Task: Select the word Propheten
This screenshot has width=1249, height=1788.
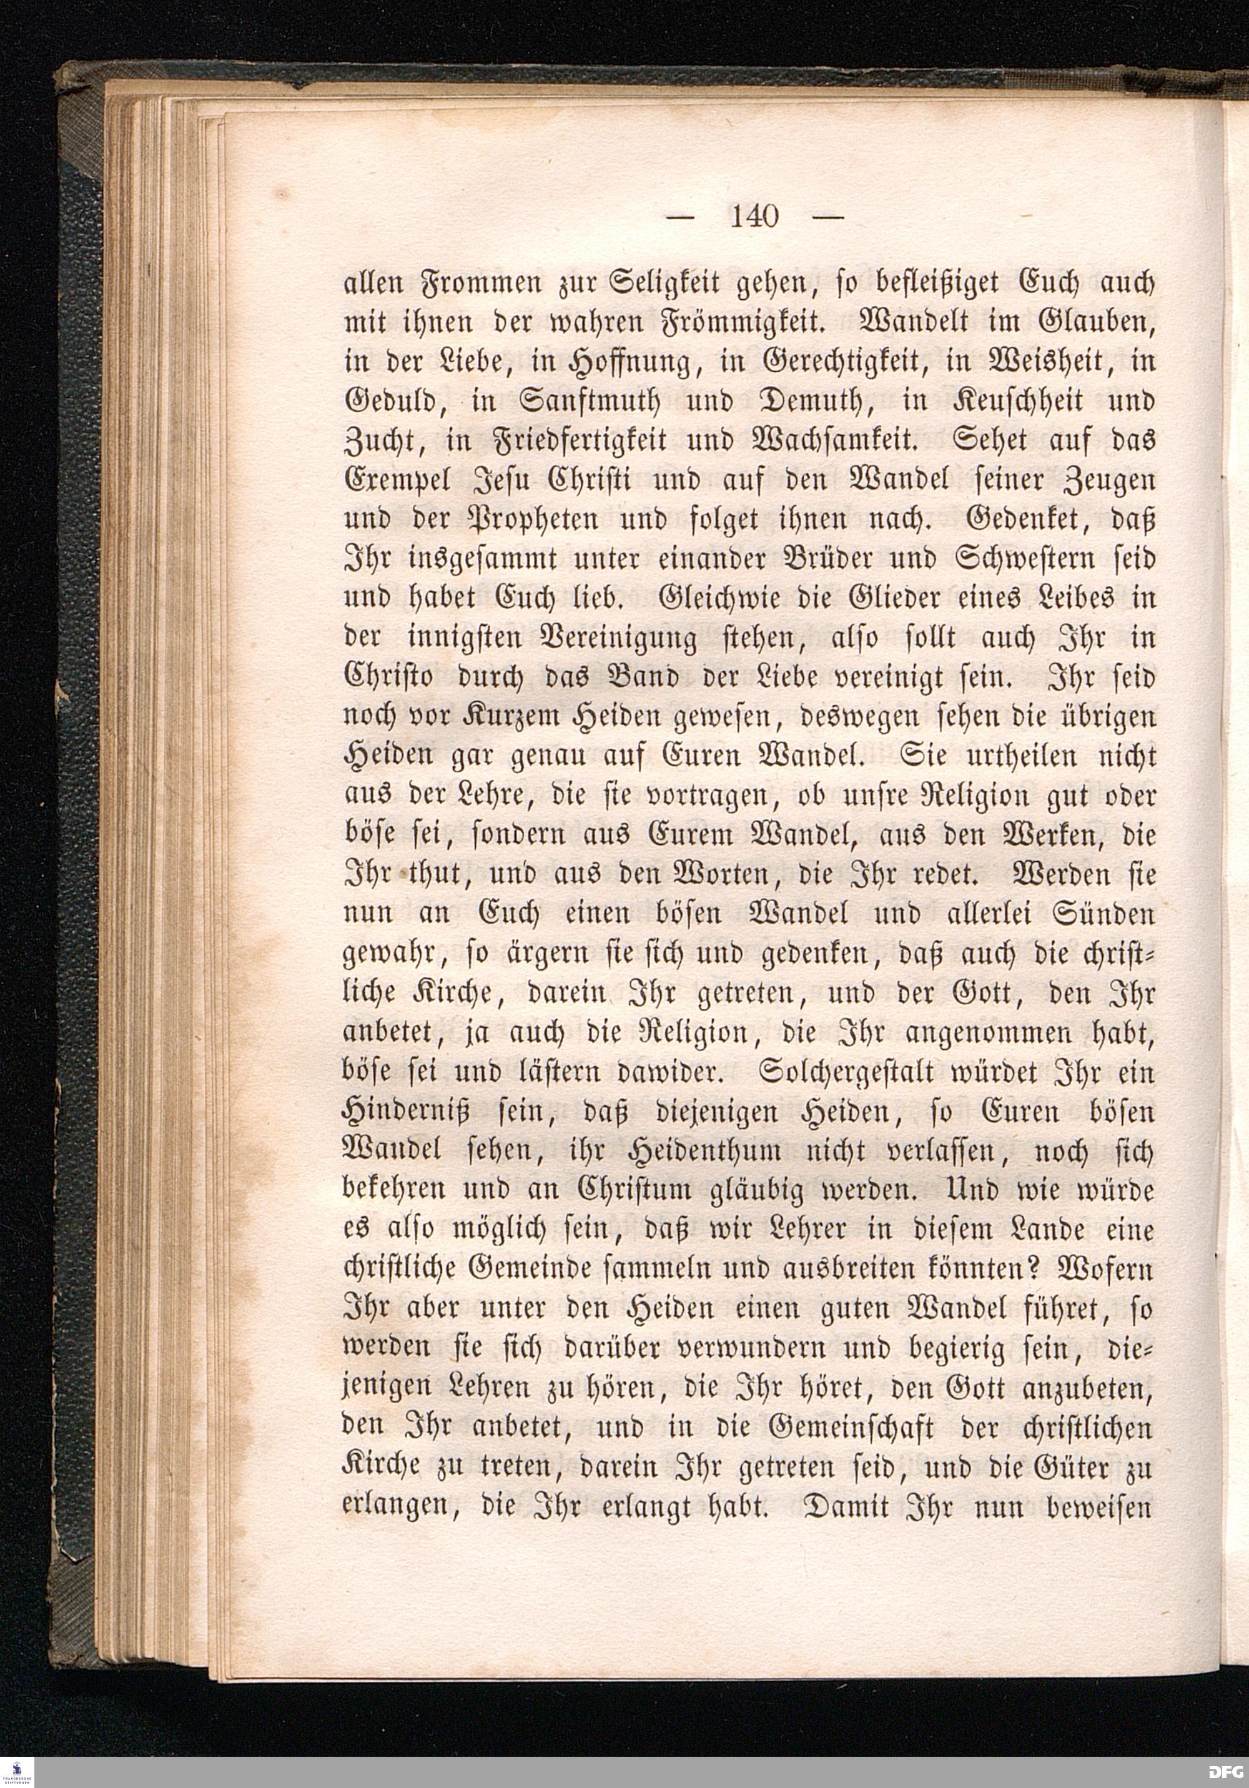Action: (498, 520)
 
